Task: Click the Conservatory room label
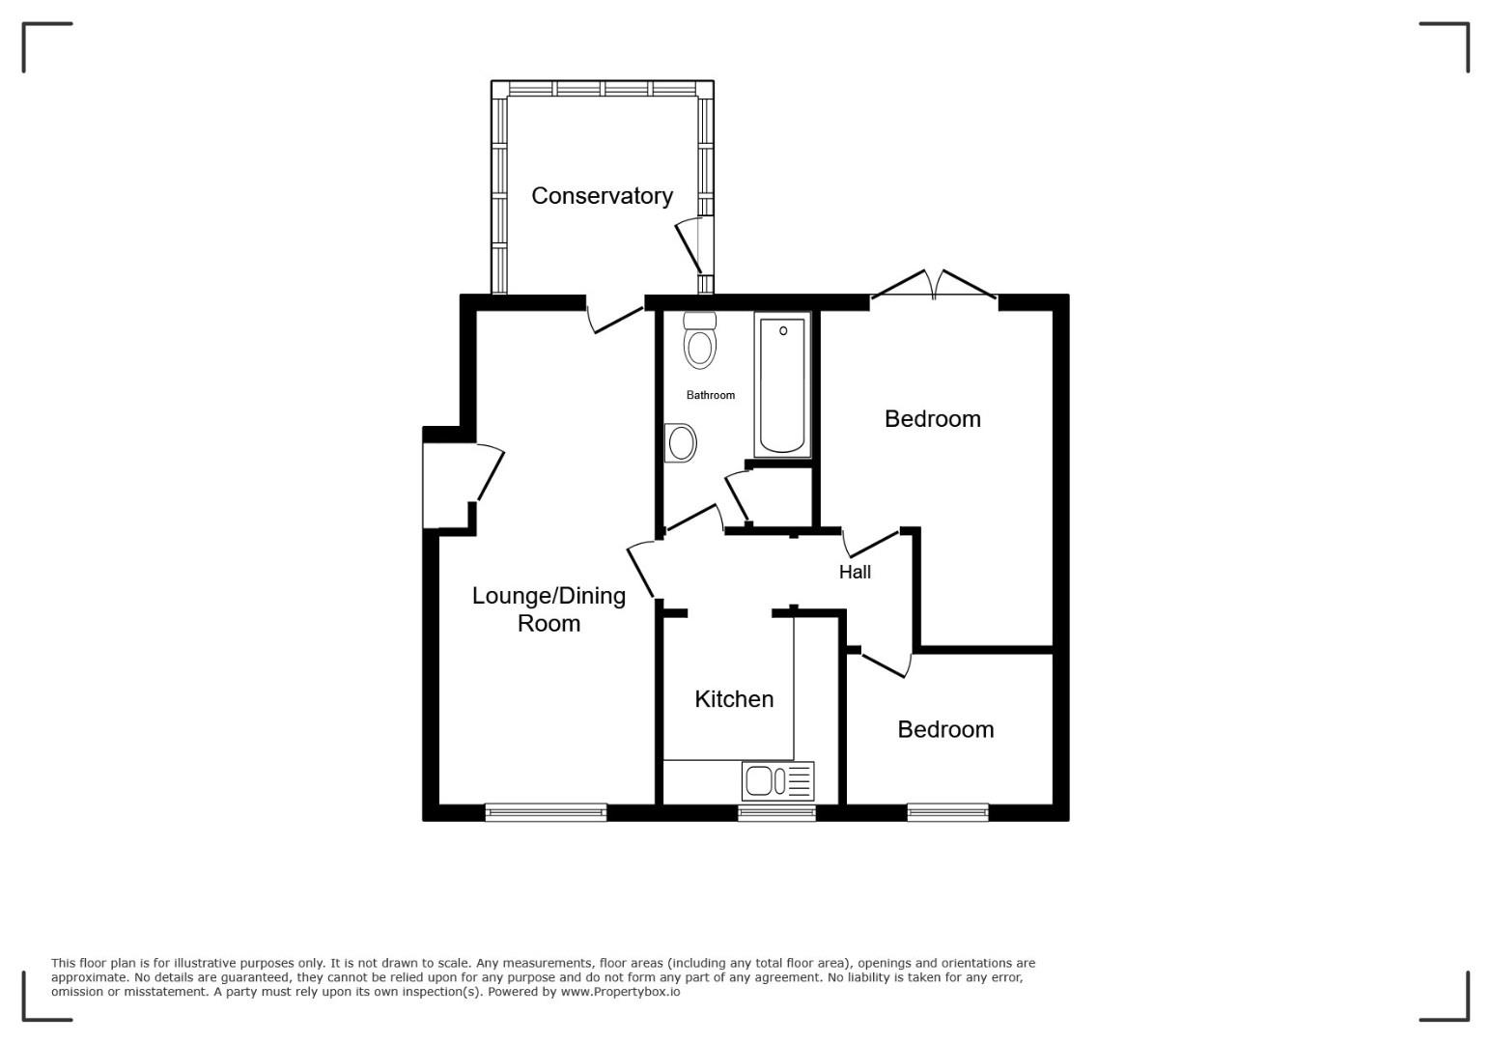point(602,196)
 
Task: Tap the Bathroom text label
point(710,395)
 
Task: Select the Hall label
point(855,572)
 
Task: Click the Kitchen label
point(734,699)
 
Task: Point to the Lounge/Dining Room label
point(549,609)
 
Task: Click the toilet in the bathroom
point(699,340)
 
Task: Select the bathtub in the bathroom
point(782,384)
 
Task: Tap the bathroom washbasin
point(680,442)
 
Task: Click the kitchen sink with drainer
point(777,780)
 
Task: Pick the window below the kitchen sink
point(776,813)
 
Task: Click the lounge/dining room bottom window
point(546,813)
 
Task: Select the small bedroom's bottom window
point(947,813)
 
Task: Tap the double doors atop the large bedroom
point(934,285)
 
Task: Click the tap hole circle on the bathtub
point(783,331)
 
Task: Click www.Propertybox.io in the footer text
point(620,992)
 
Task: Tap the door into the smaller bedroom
point(886,665)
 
